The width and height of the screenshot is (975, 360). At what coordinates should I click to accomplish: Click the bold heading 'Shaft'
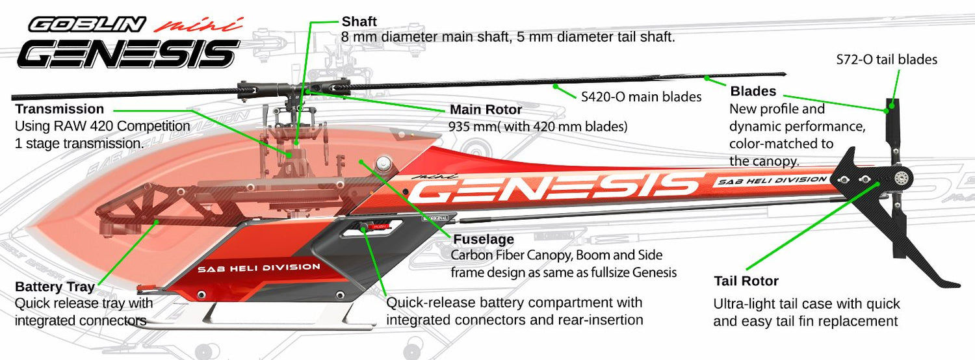pyautogui.click(x=359, y=22)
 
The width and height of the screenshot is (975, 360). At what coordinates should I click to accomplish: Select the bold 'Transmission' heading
pyautogui.click(x=59, y=109)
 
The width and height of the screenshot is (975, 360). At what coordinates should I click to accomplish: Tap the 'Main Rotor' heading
pyautogui.click(x=486, y=110)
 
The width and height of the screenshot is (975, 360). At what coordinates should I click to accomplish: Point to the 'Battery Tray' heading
pyautogui.click(x=55, y=287)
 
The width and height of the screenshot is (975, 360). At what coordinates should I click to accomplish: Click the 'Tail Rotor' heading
pyautogui.click(x=746, y=281)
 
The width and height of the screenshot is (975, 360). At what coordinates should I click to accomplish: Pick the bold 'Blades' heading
pyautogui.click(x=753, y=92)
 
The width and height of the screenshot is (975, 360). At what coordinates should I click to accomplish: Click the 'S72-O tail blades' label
pyautogui.click(x=887, y=60)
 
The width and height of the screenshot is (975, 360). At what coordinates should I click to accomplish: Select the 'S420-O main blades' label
pyautogui.click(x=641, y=97)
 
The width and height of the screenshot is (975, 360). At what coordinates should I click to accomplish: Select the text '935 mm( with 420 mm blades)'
pyautogui.click(x=538, y=127)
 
